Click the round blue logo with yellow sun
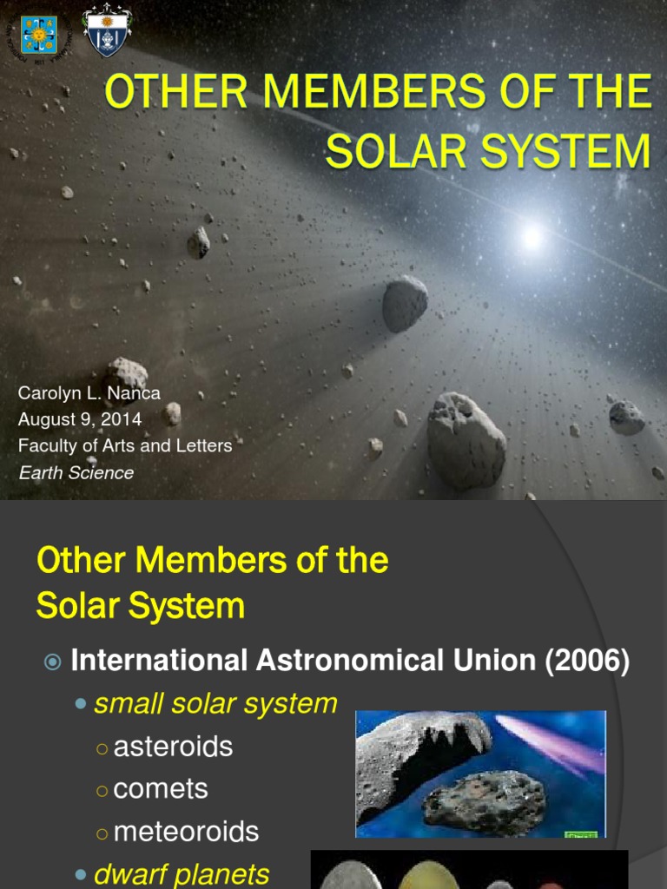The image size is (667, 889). pyautogui.click(x=39, y=35)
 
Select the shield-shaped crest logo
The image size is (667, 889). pyautogui.click(x=107, y=31)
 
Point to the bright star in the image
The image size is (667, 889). pyautogui.click(x=531, y=234)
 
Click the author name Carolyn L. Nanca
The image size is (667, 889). pyautogui.click(x=89, y=393)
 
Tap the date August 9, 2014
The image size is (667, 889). pyautogui.click(x=80, y=419)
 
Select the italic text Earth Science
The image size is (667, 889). pyautogui.click(x=76, y=473)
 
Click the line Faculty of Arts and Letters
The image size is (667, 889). pyautogui.click(x=125, y=446)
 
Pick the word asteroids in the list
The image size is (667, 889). pyautogui.click(x=173, y=747)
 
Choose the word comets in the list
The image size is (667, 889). pyautogui.click(x=161, y=789)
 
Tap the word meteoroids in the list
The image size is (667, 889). pyautogui.click(x=186, y=832)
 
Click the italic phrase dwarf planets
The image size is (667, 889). pyautogui.click(x=182, y=874)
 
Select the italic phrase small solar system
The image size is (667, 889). pyautogui.click(x=215, y=703)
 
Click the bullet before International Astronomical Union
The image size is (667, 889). pyautogui.click(x=53, y=662)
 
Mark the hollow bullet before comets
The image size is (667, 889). pyautogui.click(x=102, y=790)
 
